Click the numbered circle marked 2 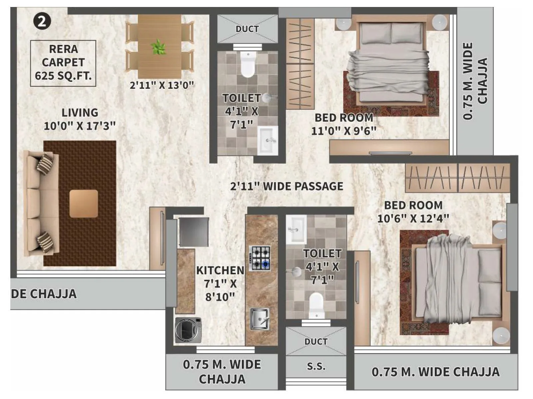(42, 22)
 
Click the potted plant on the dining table (158, 47)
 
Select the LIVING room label (80, 113)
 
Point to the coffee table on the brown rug (84, 203)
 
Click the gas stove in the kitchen (261, 258)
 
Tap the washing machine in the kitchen (189, 330)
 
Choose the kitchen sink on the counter (260, 319)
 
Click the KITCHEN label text (220, 271)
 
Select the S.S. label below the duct (316, 366)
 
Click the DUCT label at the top (247, 29)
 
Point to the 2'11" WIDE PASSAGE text (286, 186)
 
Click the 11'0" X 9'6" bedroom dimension (343, 131)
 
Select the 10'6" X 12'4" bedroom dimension (413, 218)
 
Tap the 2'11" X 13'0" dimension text (162, 85)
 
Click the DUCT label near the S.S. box (316, 342)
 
